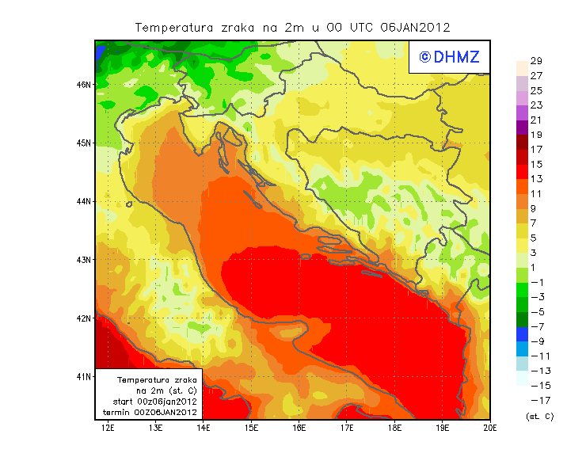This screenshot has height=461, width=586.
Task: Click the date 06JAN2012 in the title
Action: [415, 27]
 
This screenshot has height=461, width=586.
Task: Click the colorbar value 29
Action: [536, 62]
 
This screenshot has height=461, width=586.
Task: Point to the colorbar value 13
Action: [536, 179]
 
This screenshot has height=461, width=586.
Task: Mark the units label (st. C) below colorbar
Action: [539, 415]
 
